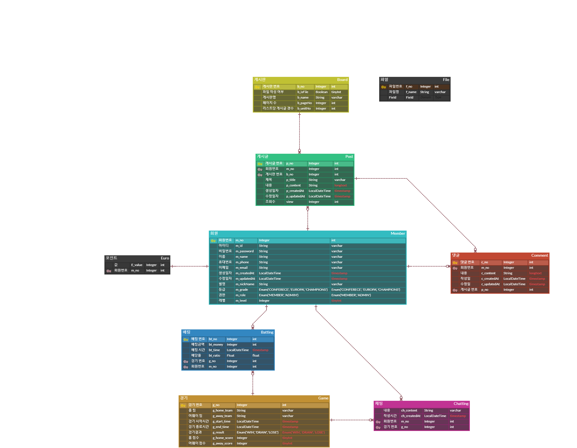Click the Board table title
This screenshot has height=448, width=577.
coord(342,80)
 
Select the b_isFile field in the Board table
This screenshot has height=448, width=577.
coord(303,92)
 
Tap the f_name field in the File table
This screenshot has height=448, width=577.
coord(411,92)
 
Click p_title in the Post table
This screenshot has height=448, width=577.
coord(291,180)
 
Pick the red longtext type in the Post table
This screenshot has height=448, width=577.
coord(340,185)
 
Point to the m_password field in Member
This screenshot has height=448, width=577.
coord(245,251)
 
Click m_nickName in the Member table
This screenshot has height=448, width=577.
coord(245,284)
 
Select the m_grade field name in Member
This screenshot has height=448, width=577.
coord(242,290)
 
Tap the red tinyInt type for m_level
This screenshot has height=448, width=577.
coord(336,301)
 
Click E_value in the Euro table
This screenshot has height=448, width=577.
coord(137,265)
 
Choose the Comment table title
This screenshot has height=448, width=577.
coord(539,255)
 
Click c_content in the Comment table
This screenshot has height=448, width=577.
coord(488,273)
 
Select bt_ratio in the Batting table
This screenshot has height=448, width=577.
coord(214,355)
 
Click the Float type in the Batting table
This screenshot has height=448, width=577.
coord(231,355)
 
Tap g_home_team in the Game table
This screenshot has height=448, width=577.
coord(222,410)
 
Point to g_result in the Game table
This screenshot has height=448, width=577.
coord(218,432)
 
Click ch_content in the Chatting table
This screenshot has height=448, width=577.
coord(409,410)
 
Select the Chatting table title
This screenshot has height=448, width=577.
coord(461,404)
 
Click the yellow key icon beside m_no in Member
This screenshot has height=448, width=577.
coord(213,241)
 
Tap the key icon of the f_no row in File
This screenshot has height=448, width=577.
coord(384,87)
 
